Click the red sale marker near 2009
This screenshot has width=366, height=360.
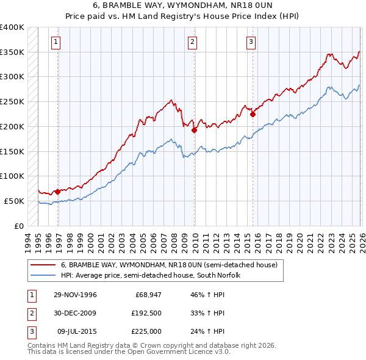click(x=195, y=130)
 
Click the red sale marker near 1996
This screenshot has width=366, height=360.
click(x=58, y=192)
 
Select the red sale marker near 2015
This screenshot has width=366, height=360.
click(x=253, y=113)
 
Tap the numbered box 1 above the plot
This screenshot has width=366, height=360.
click(x=56, y=42)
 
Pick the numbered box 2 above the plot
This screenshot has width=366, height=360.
click(x=192, y=42)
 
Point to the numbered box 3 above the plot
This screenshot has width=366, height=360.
click(x=250, y=42)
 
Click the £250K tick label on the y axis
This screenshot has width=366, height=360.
click(x=12, y=101)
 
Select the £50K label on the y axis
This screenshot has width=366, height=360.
click(x=14, y=201)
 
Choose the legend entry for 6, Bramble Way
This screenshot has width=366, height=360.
click(x=169, y=265)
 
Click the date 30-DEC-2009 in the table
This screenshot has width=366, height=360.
click(x=76, y=313)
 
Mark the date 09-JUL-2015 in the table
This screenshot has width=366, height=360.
click(x=76, y=331)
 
